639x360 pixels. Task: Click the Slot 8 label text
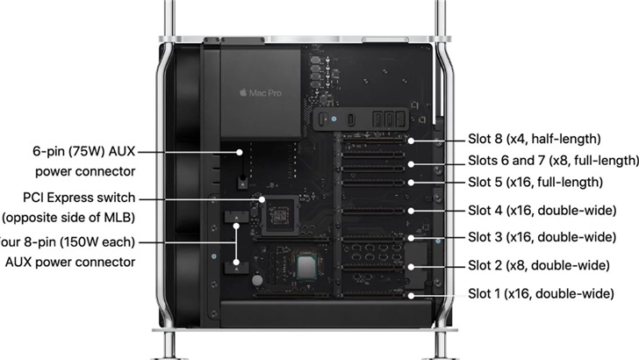[x=535, y=139]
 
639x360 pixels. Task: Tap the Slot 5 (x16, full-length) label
[x=535, y=182]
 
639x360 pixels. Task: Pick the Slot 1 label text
[x=538, y=293]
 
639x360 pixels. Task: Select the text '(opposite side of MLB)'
[x=69, y=217]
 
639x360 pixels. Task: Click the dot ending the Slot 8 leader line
[x=410, y=140]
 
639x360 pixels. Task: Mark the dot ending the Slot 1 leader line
[x=410, y=294]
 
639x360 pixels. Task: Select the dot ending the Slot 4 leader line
[x=410, y=211]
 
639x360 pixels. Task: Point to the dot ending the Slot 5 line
[x=410, y=183]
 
